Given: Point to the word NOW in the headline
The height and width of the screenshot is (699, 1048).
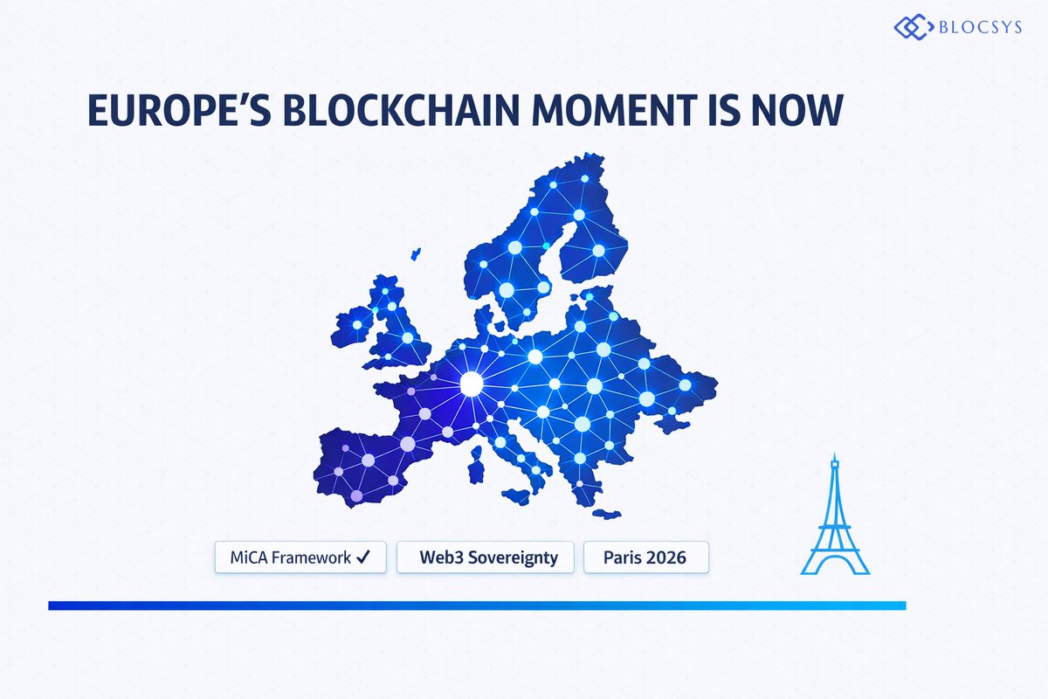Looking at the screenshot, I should pyautogui.click(x=798, y=114).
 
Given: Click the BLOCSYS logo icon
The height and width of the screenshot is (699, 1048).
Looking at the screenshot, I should pyautogui.click(x=911, y=26).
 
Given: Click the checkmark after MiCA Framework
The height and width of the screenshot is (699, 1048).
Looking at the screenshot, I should pyautogui.click(x=366, y=557).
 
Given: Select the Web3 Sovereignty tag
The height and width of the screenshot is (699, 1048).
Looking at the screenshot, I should pyautogui.click(x=488, y=557).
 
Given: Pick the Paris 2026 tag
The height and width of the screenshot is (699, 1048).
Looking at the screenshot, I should pyautogui.click(x=645, y=557).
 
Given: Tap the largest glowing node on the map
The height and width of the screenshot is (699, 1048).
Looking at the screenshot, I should pyautogui.click(x=471, y=383).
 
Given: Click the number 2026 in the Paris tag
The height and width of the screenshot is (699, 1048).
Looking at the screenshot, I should pyautogui.click(x=665, y=557).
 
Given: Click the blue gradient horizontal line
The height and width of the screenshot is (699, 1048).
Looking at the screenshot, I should pyautogui.click(x=477, y=606).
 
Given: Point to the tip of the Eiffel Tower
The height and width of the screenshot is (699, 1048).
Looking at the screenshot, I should pyautogui.click(x=834, y=455).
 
